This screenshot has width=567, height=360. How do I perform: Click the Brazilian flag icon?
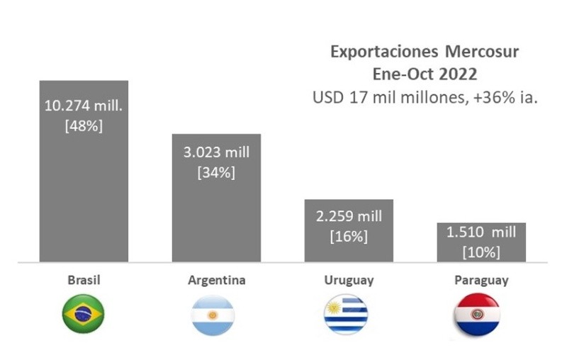tap(84, 313)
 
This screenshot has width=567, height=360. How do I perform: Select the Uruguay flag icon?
tap(346, 313)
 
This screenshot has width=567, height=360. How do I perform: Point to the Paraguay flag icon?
tap(478, 313)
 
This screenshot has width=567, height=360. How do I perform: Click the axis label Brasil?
tap(84, 280)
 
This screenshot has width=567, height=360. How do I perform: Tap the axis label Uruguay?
tap(349, 280)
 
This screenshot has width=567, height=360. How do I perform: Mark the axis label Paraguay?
tap(481, 280)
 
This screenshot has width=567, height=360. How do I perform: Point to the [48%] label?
tap(84, 125)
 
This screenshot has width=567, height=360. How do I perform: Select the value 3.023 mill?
tap(217, 152)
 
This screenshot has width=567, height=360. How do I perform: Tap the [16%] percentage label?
tap(349, 237)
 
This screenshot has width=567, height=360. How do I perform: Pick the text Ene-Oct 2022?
tap(425, 74)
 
